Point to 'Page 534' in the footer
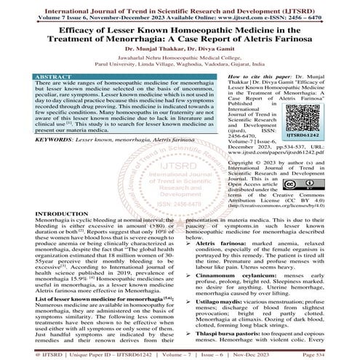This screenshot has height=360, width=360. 339,353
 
